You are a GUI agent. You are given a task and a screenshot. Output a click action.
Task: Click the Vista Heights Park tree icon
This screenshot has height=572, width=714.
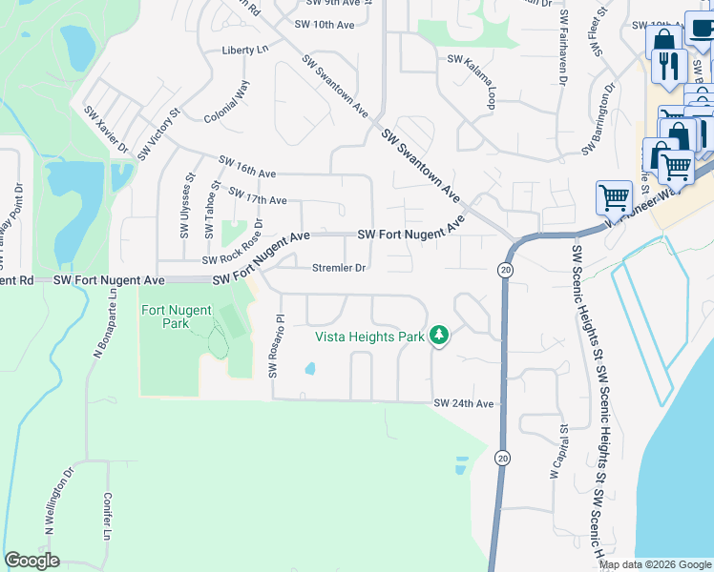pos(439,336)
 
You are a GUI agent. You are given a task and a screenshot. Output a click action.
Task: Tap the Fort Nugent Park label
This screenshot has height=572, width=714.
pos(177,317)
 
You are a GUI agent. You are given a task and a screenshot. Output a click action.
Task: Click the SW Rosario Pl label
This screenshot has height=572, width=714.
pos(276,345)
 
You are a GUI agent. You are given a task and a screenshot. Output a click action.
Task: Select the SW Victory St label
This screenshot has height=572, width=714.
pos(159,134)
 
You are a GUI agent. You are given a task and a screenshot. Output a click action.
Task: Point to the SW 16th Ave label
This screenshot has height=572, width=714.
pos(247,167)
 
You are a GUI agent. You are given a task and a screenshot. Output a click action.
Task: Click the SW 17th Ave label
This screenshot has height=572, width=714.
pos(259,195)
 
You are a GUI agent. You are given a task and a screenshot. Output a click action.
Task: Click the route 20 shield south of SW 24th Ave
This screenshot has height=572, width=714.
pos(502,459)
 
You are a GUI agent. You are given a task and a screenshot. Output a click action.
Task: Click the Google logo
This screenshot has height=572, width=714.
pos(31,561)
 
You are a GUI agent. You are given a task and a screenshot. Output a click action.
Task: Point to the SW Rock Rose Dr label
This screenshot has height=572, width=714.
pos(232,246)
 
